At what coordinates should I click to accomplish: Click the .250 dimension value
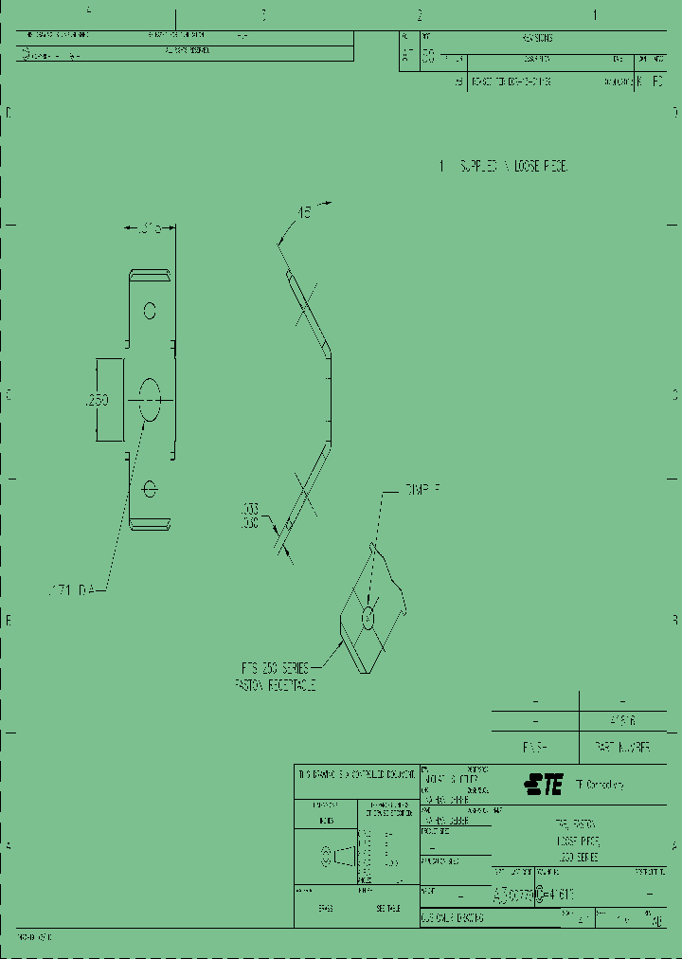pyautogui.click(x=98, y=401)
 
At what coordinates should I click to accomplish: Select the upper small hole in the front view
pyautogui.click(x=150, y=310)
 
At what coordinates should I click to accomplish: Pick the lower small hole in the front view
pyautogui.click(x=149, y=487)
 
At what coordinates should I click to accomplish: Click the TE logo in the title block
pyautogui.click(x=543, y=785)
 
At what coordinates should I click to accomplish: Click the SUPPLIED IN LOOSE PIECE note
pyautogui.click(x=503, y=166)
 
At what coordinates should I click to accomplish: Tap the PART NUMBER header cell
pyautogui.click(x=622, y=747)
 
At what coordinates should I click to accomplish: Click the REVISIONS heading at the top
pyautogui.click(x=537, y=39)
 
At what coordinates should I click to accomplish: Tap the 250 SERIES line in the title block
pyautogui.click(x=577, y=857)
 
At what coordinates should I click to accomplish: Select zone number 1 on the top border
pyautogui.click(x=595, y=15)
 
